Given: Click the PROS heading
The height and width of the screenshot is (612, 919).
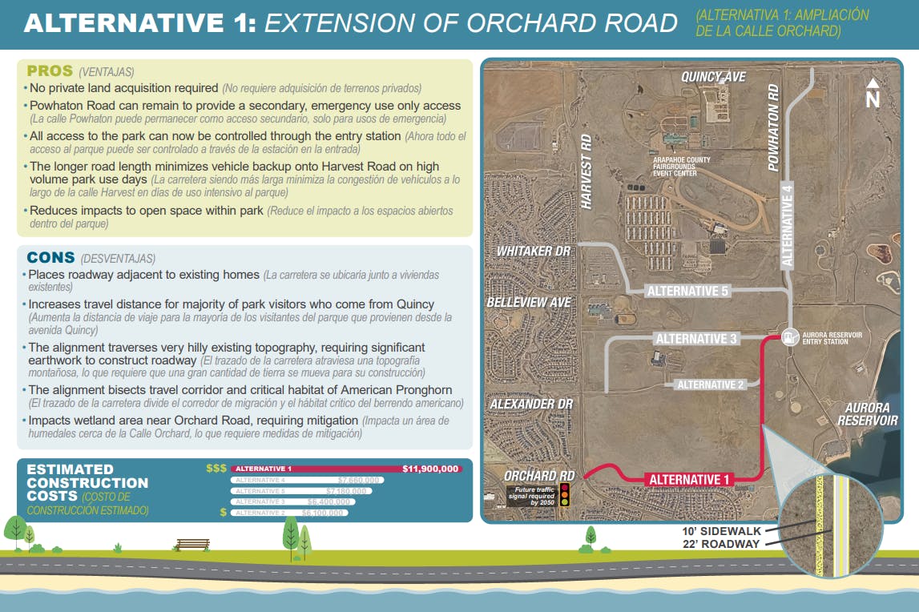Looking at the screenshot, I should pyautogui.click(x=50, y=71).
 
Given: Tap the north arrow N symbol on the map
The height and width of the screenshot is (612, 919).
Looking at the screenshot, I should pyautogui.click(x=873, y=94).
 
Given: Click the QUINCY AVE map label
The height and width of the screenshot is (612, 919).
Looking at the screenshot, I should pyautogui.click(x=713, y=77).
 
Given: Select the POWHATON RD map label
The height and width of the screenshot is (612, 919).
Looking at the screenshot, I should pyautogui.click(x=772, y=128).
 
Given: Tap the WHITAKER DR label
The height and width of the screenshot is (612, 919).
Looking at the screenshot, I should pyautogui.click(x=533, y=252).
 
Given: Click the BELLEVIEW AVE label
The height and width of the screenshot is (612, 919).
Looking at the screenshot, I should pyautogui.click(x=529, y=302).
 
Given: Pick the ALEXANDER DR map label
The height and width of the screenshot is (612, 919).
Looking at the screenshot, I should pyautogui.click(x=531, y=404).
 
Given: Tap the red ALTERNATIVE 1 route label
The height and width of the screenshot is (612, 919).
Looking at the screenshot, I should pyautogui.click(x=689, y=480).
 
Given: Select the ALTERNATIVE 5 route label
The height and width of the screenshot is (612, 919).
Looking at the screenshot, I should pyautogui.click(x=687, y=291).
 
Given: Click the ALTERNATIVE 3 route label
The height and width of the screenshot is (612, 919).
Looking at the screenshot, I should pyautogui.click(x=695, y=339).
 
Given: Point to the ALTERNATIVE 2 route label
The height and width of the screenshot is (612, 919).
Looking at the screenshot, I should pyautogui.click(x=710, y=385).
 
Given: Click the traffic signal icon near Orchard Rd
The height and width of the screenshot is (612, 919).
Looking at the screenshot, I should pyautogui.click(x=564, y=494).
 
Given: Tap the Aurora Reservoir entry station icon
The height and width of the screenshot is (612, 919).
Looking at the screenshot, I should pyautogui.click(x=788, y=337).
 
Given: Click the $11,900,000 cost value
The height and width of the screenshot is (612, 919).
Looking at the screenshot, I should pyautogui.click(x=430, y=469).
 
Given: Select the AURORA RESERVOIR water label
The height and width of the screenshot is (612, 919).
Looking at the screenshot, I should pyautogui.click(x=868, y=414).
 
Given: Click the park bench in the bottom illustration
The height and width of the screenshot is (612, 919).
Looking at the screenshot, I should pyautogui.click(x=192, y=544).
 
